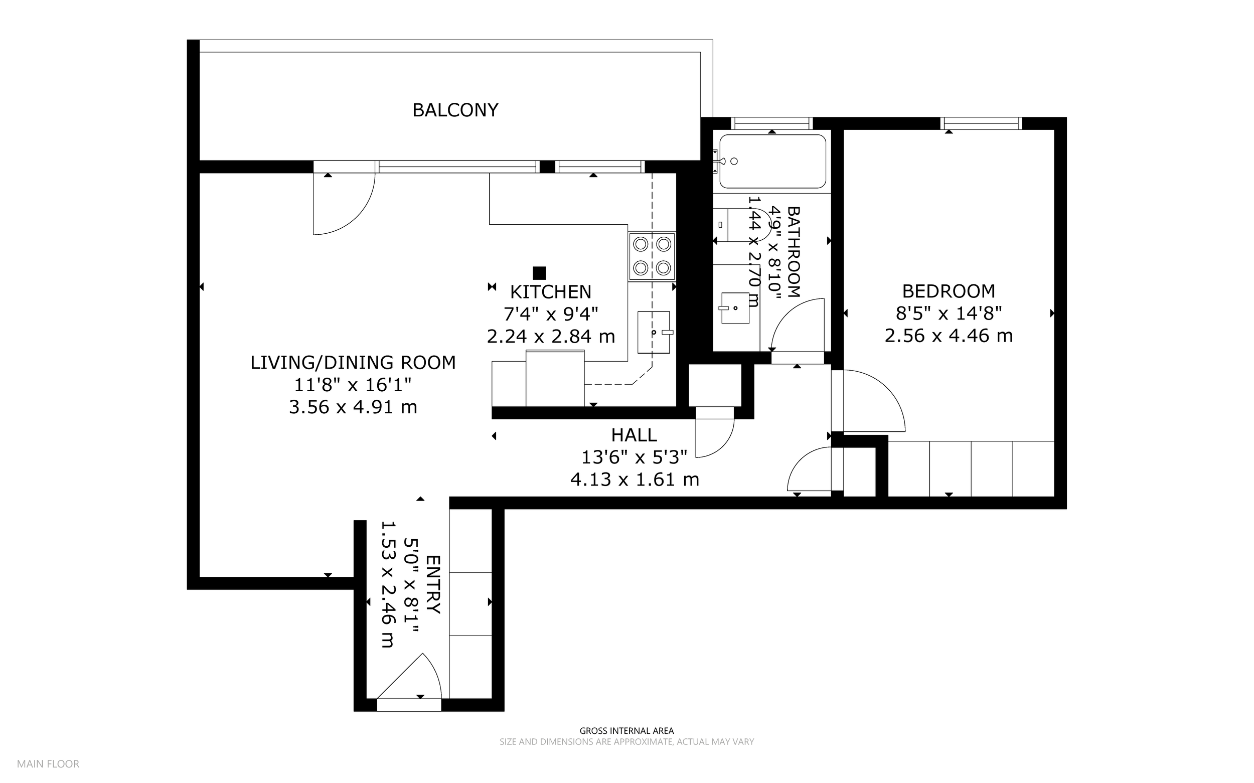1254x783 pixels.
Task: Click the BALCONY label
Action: (x=455, y=110)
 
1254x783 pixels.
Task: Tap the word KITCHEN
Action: (x=550, y=292)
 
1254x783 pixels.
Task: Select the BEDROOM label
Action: (x=949, y=291)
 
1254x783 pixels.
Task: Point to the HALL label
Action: (x=634, y=435)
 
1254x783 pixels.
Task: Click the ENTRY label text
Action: (x=433, y=585)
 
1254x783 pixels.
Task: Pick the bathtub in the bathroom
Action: (x=772, y=161)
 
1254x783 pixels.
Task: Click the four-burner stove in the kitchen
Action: (x=653, y=256)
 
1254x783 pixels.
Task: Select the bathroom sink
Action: (x=735, y=308)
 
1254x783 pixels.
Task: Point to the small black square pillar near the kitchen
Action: (x=539, y=273)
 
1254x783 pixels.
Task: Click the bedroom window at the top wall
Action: (x=981, y=123)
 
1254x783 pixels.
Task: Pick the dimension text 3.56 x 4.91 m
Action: (x=353, y=407)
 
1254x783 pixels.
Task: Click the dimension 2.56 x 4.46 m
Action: (x=949, y=336)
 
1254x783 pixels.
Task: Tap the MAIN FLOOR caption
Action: (x=48, y=764)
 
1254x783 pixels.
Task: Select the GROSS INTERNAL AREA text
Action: (x=626, y=731)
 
